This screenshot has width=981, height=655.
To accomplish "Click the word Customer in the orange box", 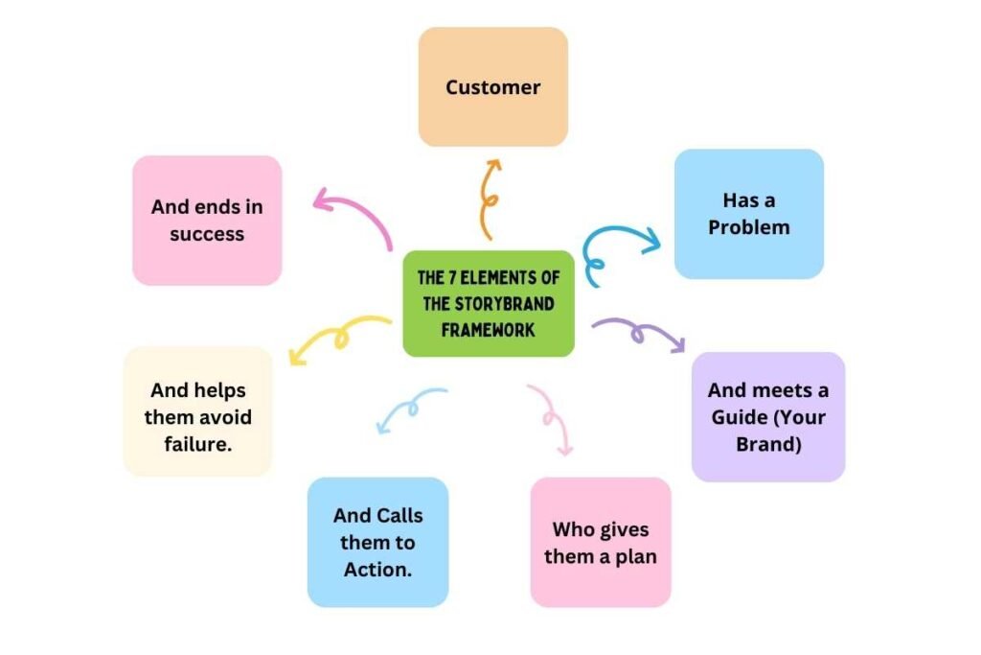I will (x=492, y=87).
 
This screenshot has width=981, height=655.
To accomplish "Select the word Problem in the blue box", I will (x=749, y=228).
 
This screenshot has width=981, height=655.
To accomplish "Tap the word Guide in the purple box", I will (x=741, y=418).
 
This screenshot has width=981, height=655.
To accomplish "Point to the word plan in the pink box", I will (x=637, y=557).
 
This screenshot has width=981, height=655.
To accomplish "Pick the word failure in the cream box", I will (x=198, y=444).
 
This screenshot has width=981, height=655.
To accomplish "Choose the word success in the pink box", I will (x=207, y=234).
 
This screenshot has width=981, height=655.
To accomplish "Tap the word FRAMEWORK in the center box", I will (x=489, y=329).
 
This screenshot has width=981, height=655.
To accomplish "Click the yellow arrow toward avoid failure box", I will (x=338, y=339).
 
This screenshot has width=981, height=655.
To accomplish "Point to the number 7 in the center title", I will (x=452, y=278).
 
